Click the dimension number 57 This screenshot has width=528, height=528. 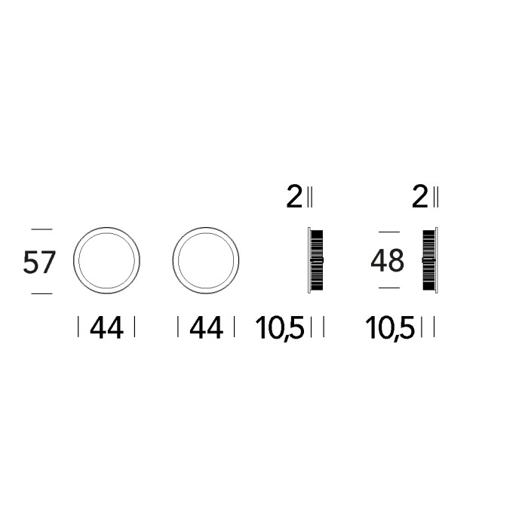(39, 262)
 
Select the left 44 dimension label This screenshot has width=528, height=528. (106, 327)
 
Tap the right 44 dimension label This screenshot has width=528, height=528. (206, 327)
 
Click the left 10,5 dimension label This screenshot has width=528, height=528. (280, 328)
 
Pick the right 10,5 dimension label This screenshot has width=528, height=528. (390, 328)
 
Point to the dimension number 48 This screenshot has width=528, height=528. (387, 260)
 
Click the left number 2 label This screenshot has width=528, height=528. (294, 197)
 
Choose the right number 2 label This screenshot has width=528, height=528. (419, 197)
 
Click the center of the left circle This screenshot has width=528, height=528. (106, 260)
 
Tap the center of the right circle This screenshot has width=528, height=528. (206, 260)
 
